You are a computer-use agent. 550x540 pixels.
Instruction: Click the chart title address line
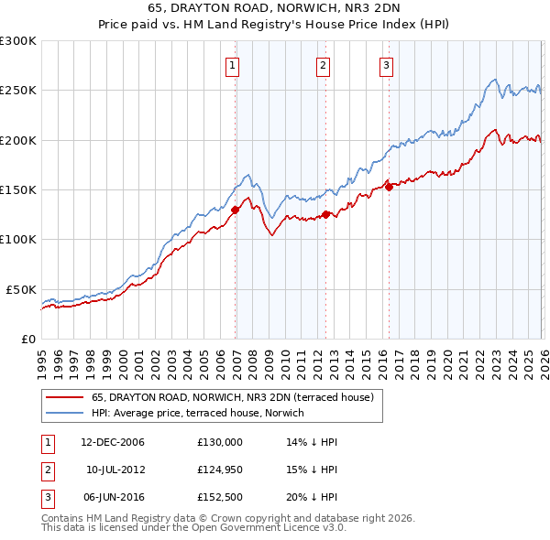(x=274, y=8)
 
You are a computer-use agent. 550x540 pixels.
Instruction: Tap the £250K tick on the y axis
(x=18, y=91)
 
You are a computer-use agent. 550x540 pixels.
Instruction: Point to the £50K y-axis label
(x=21, y=289)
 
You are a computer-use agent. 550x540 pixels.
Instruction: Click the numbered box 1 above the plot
(x=233, y=65)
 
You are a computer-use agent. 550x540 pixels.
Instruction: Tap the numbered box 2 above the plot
(x=324, y=65)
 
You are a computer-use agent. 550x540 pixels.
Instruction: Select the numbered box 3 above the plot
(x=386, y=65)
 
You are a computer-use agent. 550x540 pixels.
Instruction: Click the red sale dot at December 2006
(x=235, y=210)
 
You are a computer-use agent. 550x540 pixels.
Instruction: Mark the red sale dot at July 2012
(x=325, y=215)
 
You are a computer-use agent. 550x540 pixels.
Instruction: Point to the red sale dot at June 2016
(x=389, y=188)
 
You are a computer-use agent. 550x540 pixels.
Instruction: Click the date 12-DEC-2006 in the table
(x=113, y=442)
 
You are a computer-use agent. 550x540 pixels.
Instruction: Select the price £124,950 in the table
(x=220, y=470)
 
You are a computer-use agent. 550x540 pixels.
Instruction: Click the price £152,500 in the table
(x=220, y=499)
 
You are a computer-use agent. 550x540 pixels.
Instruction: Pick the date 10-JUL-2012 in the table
(x=113, y=470)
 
